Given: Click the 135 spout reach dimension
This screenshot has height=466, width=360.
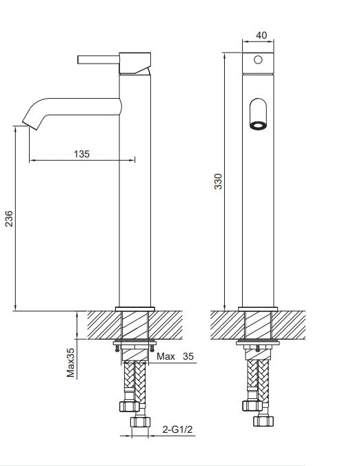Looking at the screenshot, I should (x=81, y=154).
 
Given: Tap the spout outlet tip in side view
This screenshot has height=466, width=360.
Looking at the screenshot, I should (x=28, y=124).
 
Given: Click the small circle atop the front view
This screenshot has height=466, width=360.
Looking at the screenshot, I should (x=259, y=60).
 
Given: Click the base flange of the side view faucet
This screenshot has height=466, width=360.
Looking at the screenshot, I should (x=134, y=308).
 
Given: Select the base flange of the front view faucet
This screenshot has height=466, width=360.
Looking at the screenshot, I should (x=259, y=308).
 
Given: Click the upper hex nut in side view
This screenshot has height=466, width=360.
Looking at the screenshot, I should (x=128, y=405).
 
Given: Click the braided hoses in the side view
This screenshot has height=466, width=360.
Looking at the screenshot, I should (x=134, y=380).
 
